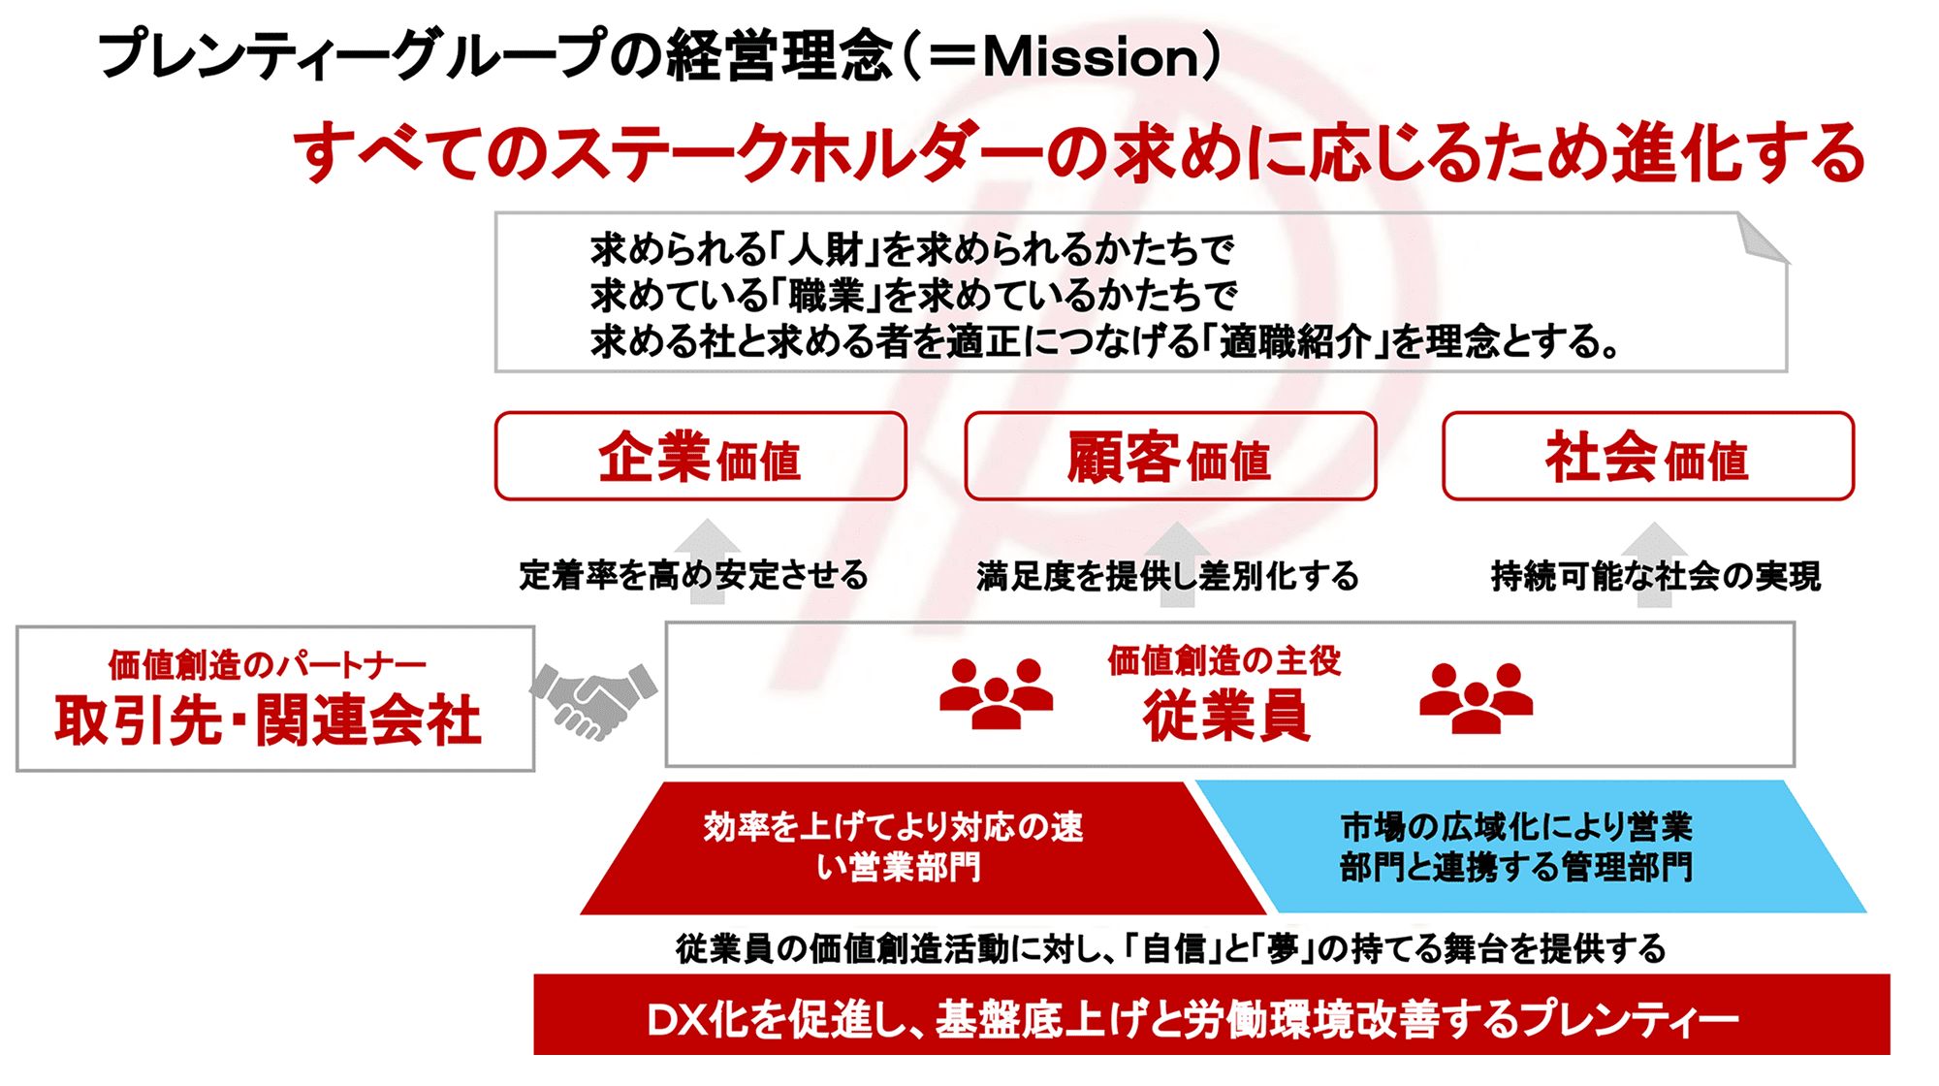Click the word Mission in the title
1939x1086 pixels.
click(x=1092, y=57)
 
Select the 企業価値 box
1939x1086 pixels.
click(x=700, y=457)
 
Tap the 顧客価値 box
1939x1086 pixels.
click(x=1170, y=457)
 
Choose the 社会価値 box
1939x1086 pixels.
click(x=1648, y=457)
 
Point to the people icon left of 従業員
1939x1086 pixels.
click(x=996, y=693)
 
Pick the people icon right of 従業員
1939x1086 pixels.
click(x=1476, y=697)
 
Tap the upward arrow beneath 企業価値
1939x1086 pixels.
click(x=708, y=562)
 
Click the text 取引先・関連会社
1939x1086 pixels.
click(x=268, y=720)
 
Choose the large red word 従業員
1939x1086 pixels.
click(x=1225, y=716)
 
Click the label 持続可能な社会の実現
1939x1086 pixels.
click(x=1656, y=576)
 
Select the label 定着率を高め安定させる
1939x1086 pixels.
click(x=693, y=575)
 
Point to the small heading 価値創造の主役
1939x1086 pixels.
click(x=1224, y=660)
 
